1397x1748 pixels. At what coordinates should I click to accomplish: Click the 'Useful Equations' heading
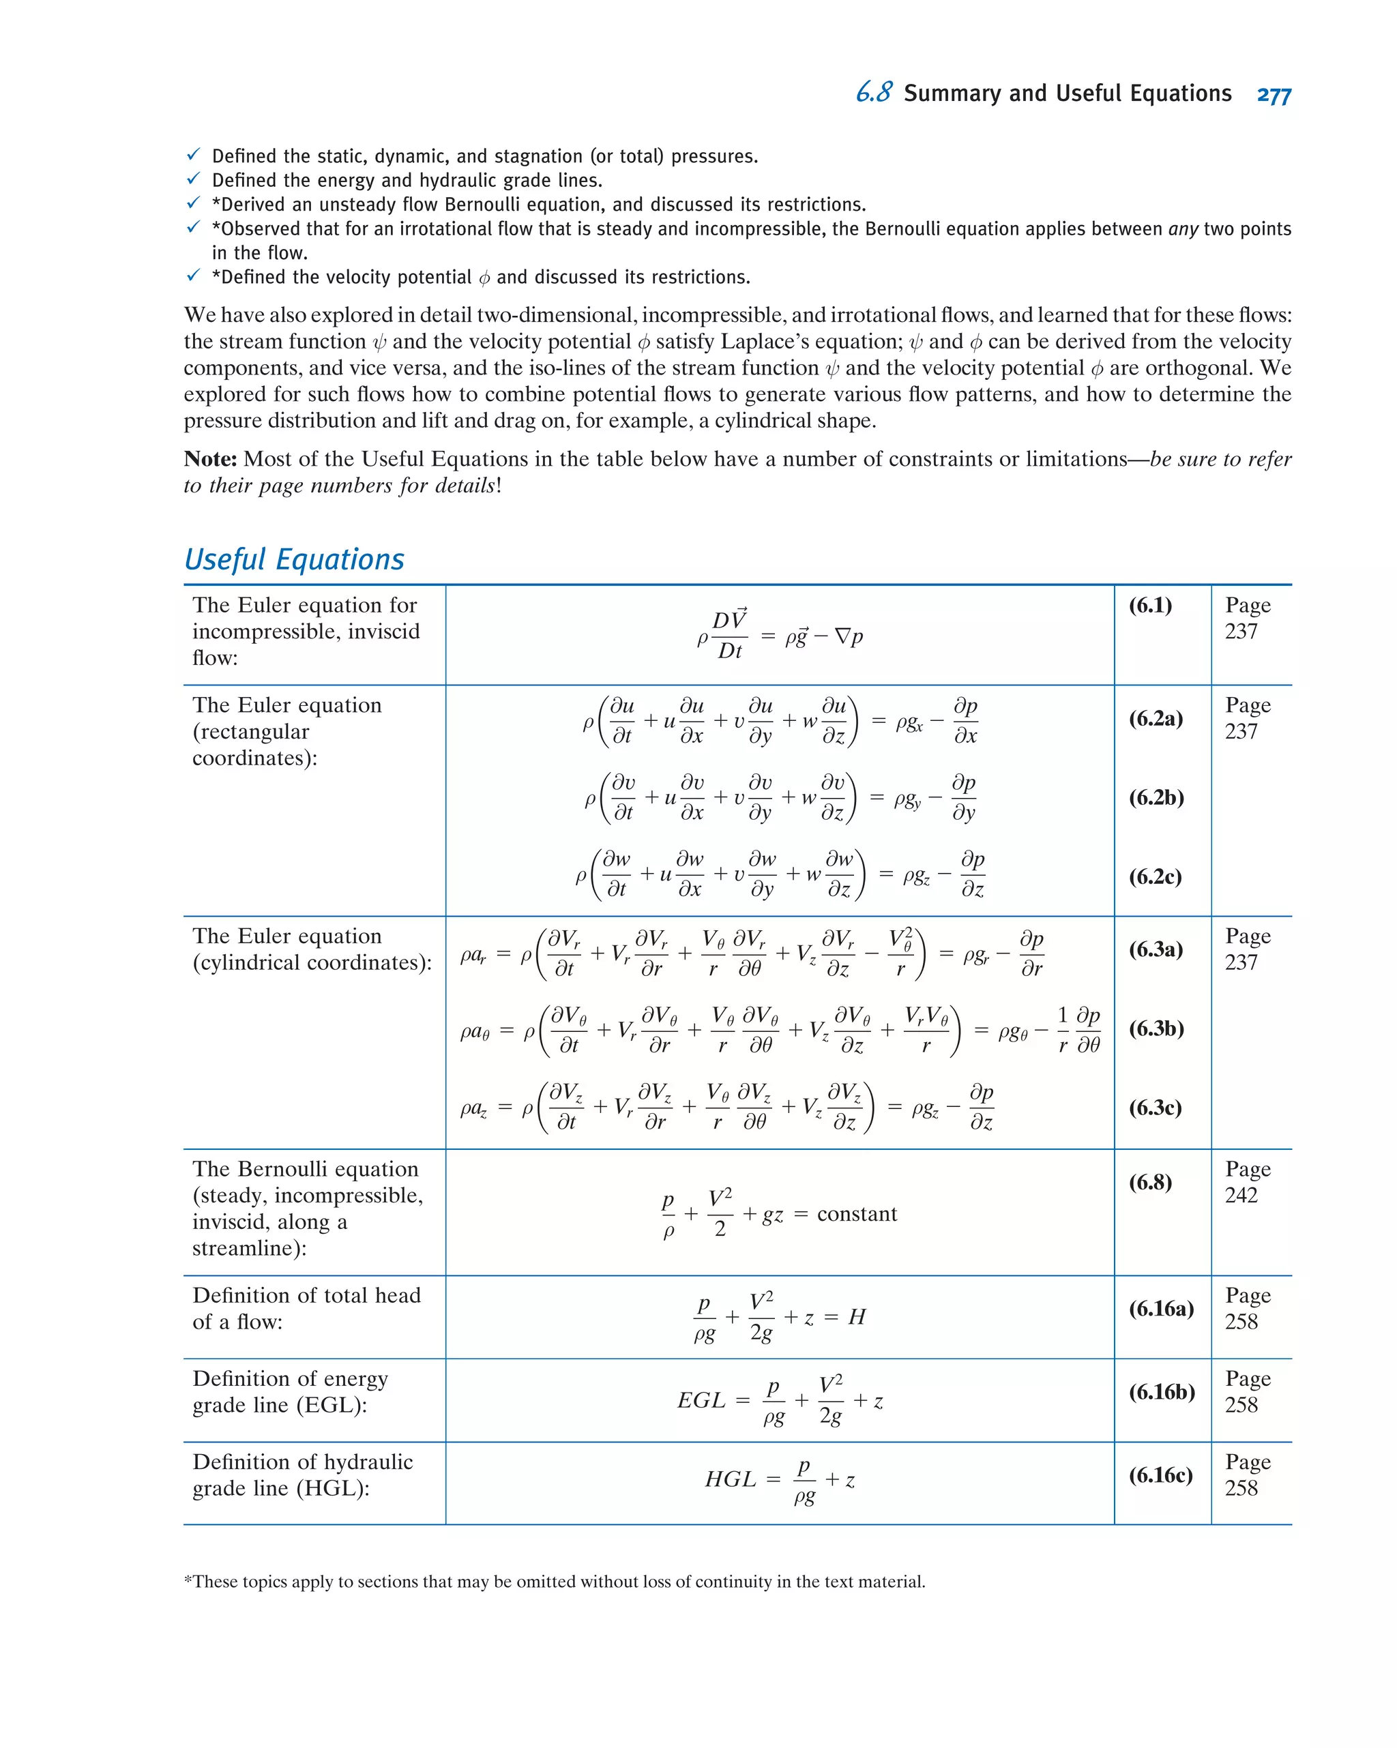[x=293, y=559]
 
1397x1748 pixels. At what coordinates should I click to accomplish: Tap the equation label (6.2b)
[x=1156, y=798]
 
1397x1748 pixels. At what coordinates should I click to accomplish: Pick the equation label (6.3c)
[x=1155, y=1108]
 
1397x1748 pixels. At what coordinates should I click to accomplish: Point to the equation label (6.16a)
[x=1160, y=1309]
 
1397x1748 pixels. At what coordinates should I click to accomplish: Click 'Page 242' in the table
[x=1246, y=1182]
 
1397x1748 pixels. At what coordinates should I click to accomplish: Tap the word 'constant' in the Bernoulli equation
[x=856, y=1214]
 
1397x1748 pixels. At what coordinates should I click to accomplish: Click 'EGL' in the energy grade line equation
[x=701, y=1400]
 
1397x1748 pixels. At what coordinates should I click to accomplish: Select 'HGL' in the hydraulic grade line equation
[x=729, y=1480]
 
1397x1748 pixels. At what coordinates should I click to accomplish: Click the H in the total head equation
[x=856, y=1317]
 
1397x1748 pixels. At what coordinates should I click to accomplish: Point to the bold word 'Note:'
[x=210, y=459]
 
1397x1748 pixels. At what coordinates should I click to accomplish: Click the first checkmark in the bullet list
[x=193, y=154]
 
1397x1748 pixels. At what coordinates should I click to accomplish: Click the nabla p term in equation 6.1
[x=848, y=636]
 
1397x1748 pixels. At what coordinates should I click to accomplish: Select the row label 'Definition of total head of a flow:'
[x=306, y=1309]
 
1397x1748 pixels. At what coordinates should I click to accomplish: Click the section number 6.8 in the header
[x=873, y=93]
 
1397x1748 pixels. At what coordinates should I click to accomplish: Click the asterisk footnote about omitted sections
[x=554, y=1582]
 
